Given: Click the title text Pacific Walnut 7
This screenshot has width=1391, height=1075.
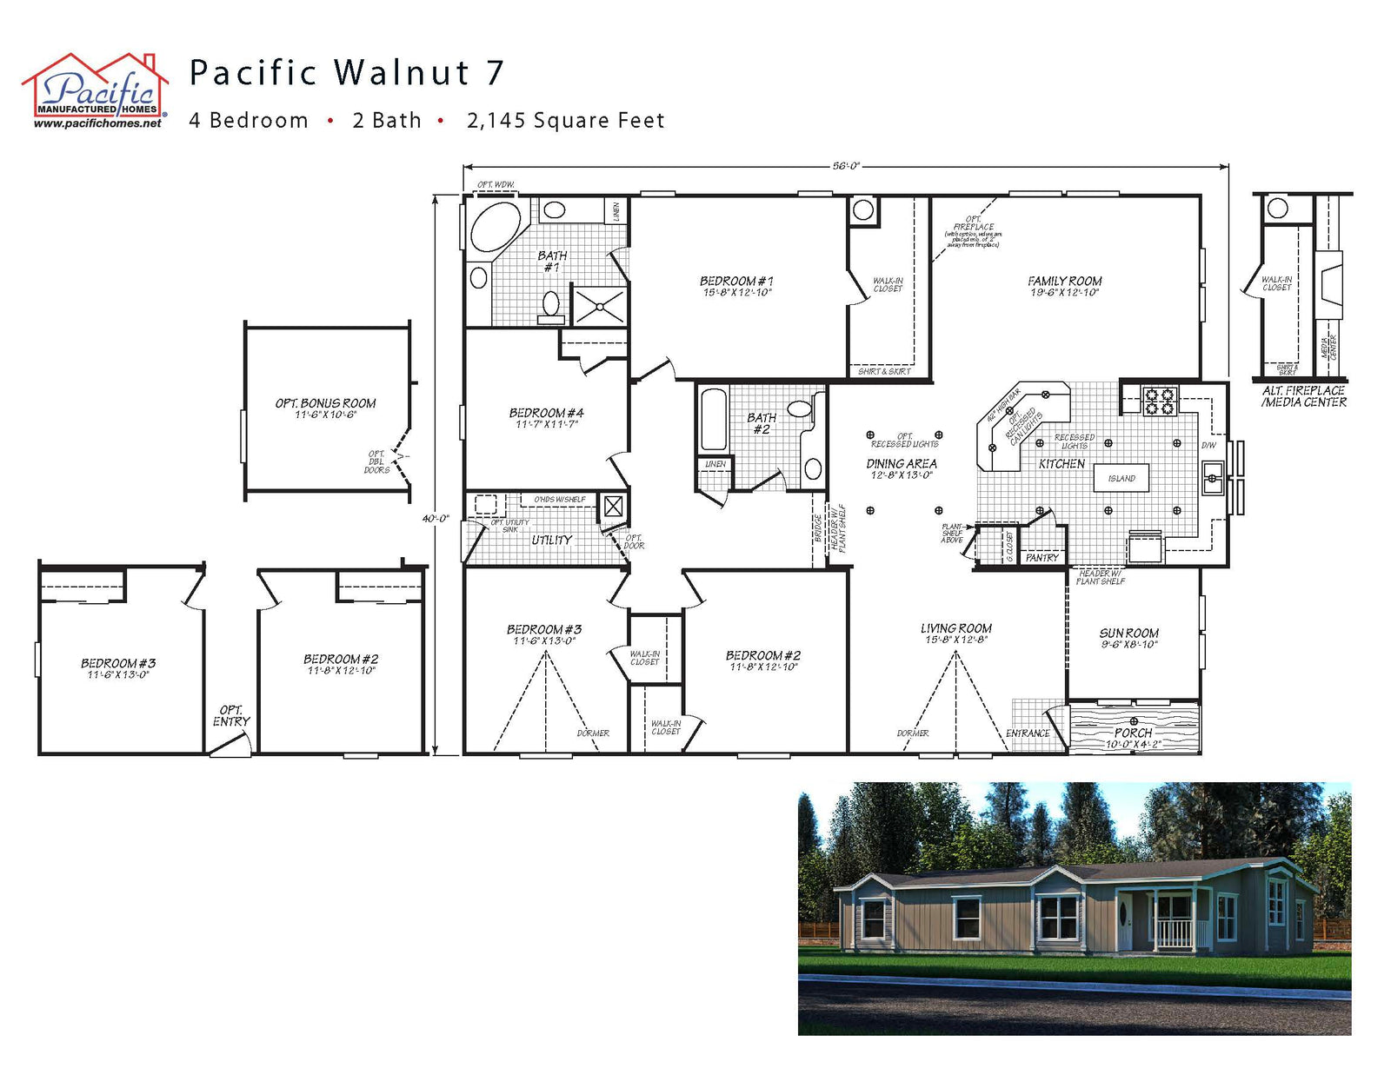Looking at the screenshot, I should coord(346,73).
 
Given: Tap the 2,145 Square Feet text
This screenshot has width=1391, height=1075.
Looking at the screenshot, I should coord(565,121).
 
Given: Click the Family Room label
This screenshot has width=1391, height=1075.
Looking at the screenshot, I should coord(1064,282).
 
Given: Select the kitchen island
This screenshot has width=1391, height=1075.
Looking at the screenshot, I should coord(1121,478).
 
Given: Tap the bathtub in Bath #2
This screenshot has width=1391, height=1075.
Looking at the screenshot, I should coord(713,420).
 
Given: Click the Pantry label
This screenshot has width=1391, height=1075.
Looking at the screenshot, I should coord(1042,558).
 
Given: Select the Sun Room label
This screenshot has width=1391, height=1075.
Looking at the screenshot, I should coord(1128,634).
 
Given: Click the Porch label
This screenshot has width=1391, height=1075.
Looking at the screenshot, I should coord(1133,733).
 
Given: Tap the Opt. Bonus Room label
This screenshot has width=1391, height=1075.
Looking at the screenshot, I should coord(325,404).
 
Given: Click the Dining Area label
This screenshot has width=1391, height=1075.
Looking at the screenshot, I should coord(902,464).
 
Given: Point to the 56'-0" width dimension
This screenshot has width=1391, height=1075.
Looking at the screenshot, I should coord(845,166).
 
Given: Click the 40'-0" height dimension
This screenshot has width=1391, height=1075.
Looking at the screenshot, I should coord(435,519).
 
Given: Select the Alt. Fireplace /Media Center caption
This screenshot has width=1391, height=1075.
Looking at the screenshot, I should coord(1304,397).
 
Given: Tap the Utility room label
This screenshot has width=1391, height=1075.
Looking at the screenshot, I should coord(551,541).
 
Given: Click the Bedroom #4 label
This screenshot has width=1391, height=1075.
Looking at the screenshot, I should coord(546,414).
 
